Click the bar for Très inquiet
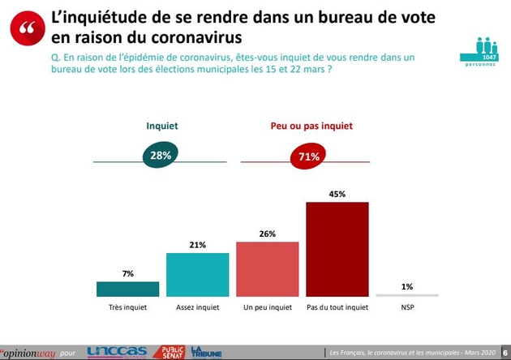tap(127, 289)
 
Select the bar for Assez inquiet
tap(197, 274)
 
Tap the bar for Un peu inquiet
tap(267, 268)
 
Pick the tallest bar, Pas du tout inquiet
tap(337, 249)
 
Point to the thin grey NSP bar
tap(406, 295)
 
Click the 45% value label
tap(337, 194)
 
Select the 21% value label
tap(197, 244)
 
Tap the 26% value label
tap(267, 234)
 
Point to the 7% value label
tap(127, 273)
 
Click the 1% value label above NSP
tap(406, 285)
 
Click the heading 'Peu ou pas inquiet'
tap(311, 126)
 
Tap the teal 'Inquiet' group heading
tap(161, 126)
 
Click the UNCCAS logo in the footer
tap(117, 351)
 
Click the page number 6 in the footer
tap(504, 351)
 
